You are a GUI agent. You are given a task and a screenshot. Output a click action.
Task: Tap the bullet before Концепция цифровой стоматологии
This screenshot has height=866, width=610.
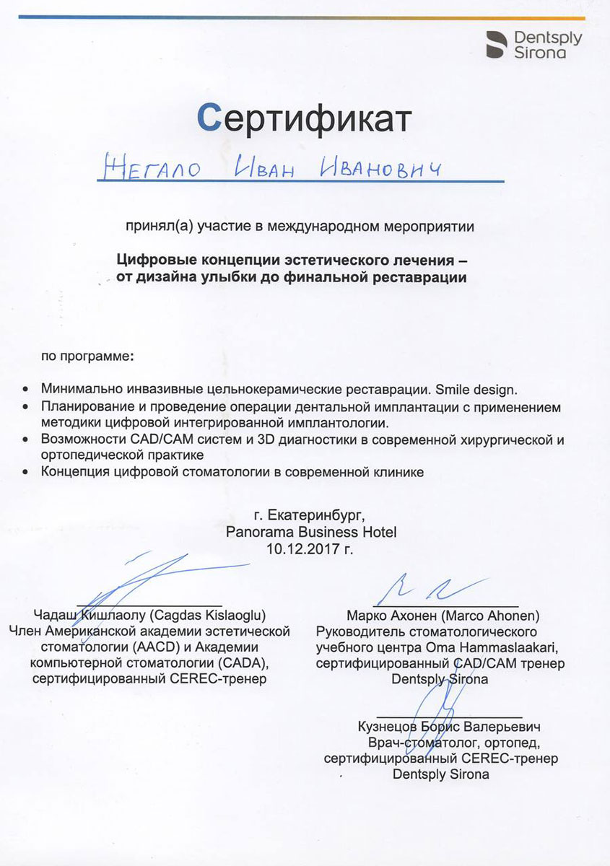pyautogui.click(x=27, y=472)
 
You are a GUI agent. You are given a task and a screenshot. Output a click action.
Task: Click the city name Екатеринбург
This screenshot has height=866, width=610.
pyautogui.click(x=318, y=516)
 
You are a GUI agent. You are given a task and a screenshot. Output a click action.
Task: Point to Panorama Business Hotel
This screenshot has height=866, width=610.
pyautogui.click(x=311, y=532)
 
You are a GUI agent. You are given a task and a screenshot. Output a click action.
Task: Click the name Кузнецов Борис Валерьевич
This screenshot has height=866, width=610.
pyautogui.click(x=448, y=727)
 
